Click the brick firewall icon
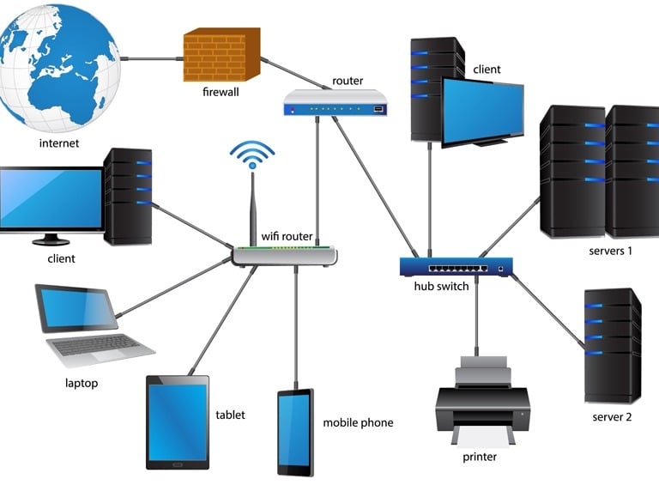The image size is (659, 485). (x=222, y=55)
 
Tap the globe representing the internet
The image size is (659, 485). (x=59, y=66)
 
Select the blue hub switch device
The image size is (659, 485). (x=456, y=266)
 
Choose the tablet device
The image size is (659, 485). (x=178, y=422)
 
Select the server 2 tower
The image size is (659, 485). (x=613, y=345)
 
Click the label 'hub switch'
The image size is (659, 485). (x=441, y=286)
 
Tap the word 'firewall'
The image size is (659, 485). (x=221, y=92)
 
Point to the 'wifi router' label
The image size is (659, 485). (x=287, y=236)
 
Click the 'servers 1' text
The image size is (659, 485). (x=610, y=251)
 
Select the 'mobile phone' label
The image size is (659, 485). (x=358, y=423)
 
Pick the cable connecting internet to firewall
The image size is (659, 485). (x=152, y=58)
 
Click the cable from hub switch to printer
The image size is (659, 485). (x=476, y=316)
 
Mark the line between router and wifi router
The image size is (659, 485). (x=317, y=181)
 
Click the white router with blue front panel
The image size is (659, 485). (x=336, y=103)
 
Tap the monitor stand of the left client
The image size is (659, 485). (x=51, y=239)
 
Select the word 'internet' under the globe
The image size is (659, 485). (x=59, y=143)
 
